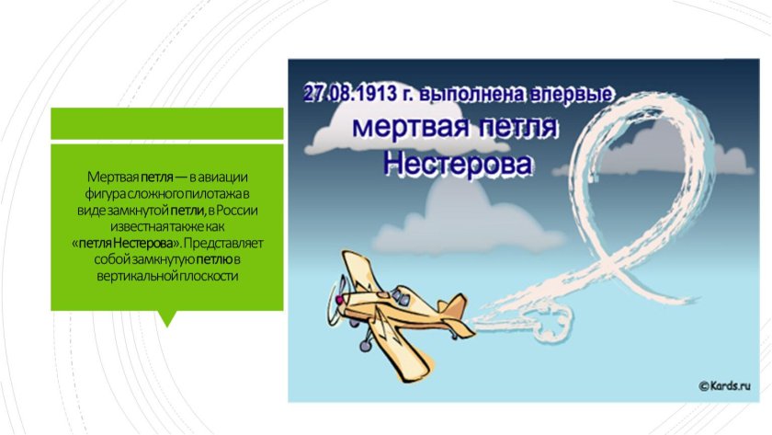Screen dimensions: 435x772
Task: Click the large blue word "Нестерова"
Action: pos(458,166)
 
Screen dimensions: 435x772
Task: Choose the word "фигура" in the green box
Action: pos(104,192)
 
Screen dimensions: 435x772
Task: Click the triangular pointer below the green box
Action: pos(166,318)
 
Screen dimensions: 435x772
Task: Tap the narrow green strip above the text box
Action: pos(166,121)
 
